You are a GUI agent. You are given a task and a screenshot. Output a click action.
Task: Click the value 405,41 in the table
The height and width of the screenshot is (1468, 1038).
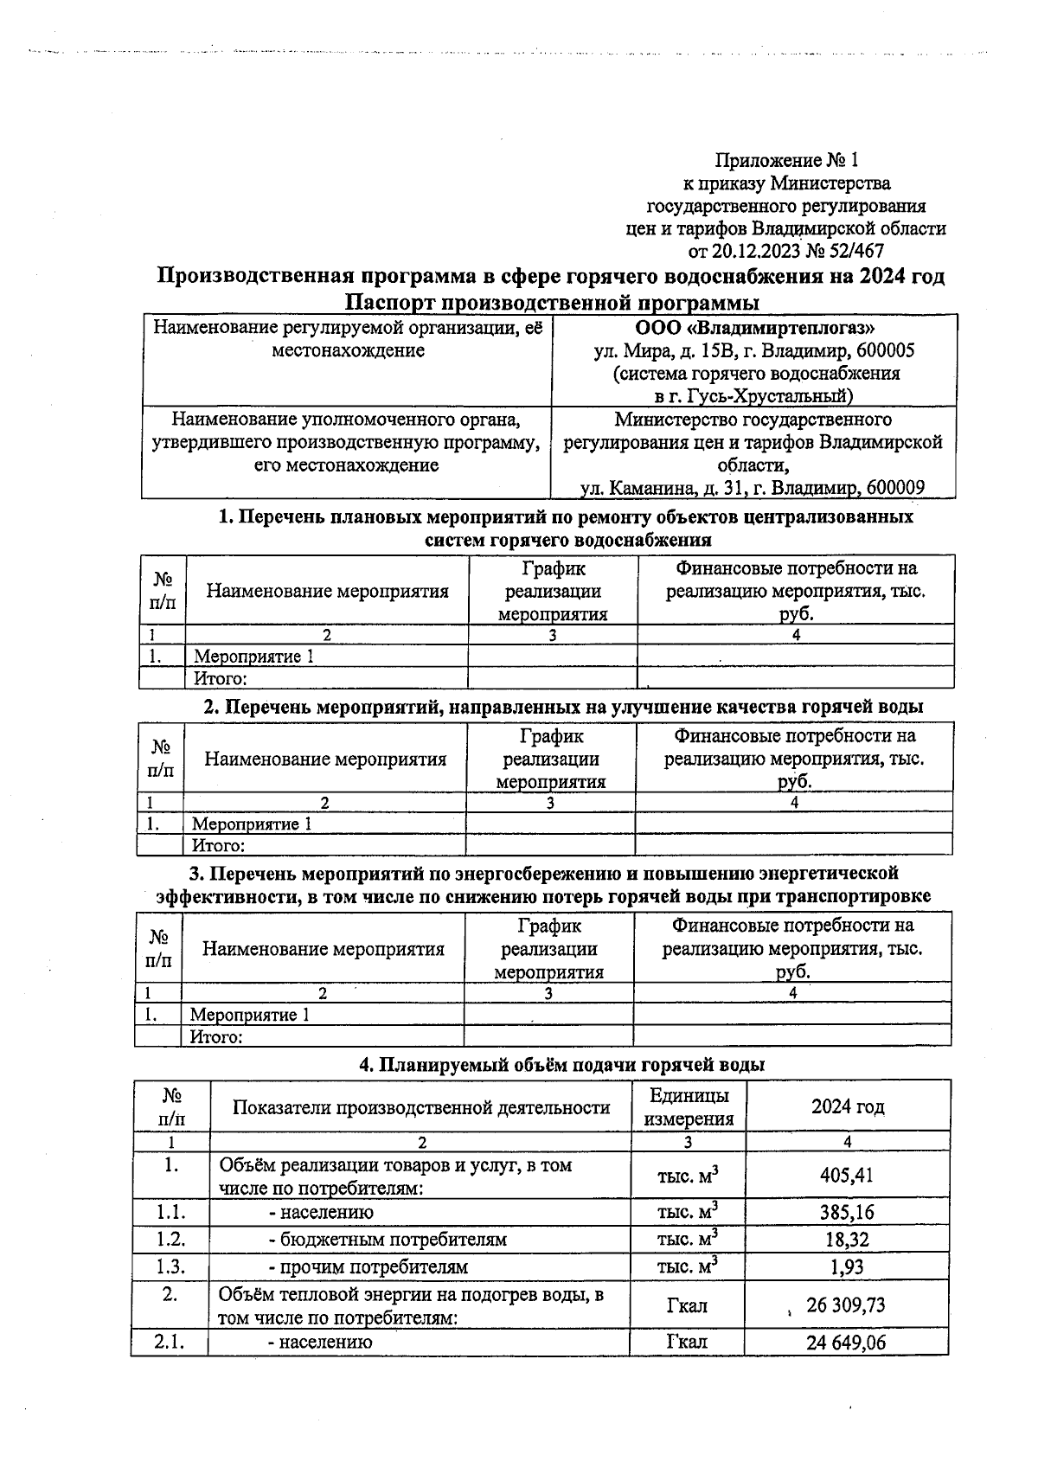point(847,1176)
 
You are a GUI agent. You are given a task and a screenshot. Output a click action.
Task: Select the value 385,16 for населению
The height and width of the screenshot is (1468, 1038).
point(847,1212)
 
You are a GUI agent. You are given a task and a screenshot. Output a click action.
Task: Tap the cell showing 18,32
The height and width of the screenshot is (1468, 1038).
point(847,1239)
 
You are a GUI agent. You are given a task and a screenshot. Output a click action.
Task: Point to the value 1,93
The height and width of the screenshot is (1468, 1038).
point(847,1266)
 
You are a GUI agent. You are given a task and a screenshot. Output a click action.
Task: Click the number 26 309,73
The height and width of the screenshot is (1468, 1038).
point(845,1305)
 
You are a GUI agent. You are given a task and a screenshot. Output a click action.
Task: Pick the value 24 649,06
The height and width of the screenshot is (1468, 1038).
point(845,1342)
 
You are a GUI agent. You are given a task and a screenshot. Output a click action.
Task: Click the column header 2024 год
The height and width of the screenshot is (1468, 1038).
point(847,1106)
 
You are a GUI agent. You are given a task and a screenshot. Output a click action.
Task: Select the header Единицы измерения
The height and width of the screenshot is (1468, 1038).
point(688,1106)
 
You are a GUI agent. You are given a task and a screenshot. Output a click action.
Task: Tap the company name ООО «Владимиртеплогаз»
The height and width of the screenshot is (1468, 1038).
point(754,329)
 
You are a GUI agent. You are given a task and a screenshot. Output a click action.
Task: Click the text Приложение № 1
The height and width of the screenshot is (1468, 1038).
point(785,160)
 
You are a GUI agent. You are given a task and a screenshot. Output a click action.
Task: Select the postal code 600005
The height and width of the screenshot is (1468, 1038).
point(884,351)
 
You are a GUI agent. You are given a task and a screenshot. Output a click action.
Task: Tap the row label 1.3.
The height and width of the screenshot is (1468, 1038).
point(170,1266)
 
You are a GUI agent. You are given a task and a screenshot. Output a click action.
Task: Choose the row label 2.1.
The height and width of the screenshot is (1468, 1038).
point(170,1342)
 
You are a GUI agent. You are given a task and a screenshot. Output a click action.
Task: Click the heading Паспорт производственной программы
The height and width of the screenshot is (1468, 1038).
point(551,303)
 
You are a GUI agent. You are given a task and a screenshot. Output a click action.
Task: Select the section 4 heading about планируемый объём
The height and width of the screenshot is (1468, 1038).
point(561,1065)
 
